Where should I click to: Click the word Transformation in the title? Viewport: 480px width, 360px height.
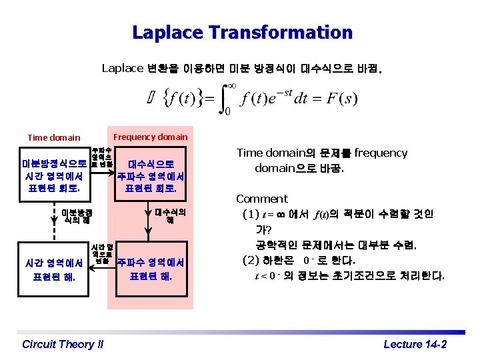tap(290, 32)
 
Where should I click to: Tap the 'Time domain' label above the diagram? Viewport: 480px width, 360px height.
tap(54, 138)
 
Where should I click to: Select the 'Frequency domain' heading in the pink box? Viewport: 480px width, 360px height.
tap(151, 137)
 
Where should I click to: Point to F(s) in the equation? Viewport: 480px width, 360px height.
tap(341, 100)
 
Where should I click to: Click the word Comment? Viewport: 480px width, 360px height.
tap(262, 199)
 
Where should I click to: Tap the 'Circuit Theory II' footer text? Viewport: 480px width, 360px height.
tap(63, 344)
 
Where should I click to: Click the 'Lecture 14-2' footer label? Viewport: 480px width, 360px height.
tap(415, 344)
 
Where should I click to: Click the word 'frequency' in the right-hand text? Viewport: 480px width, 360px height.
tap(381, 153)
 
